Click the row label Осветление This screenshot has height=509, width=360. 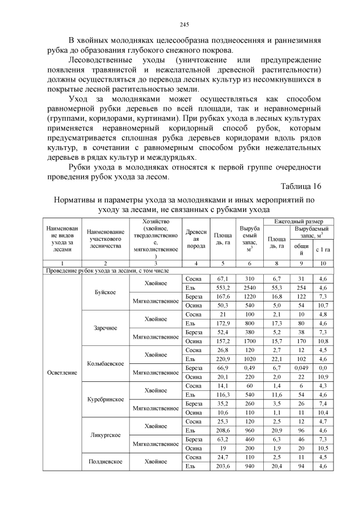coord(58,372)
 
